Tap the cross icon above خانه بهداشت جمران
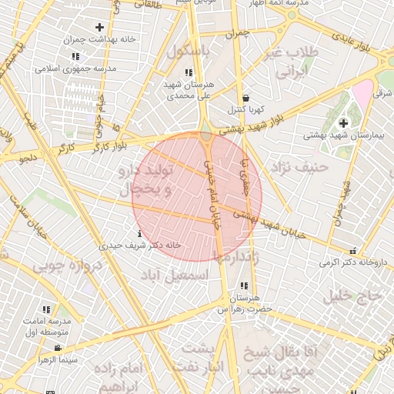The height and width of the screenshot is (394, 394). click(99, 28)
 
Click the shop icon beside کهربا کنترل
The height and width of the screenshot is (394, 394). click(245, 98)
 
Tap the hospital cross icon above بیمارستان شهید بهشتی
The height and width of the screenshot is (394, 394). click(343, 123)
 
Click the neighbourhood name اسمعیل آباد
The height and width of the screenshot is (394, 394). click(175, 274)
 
